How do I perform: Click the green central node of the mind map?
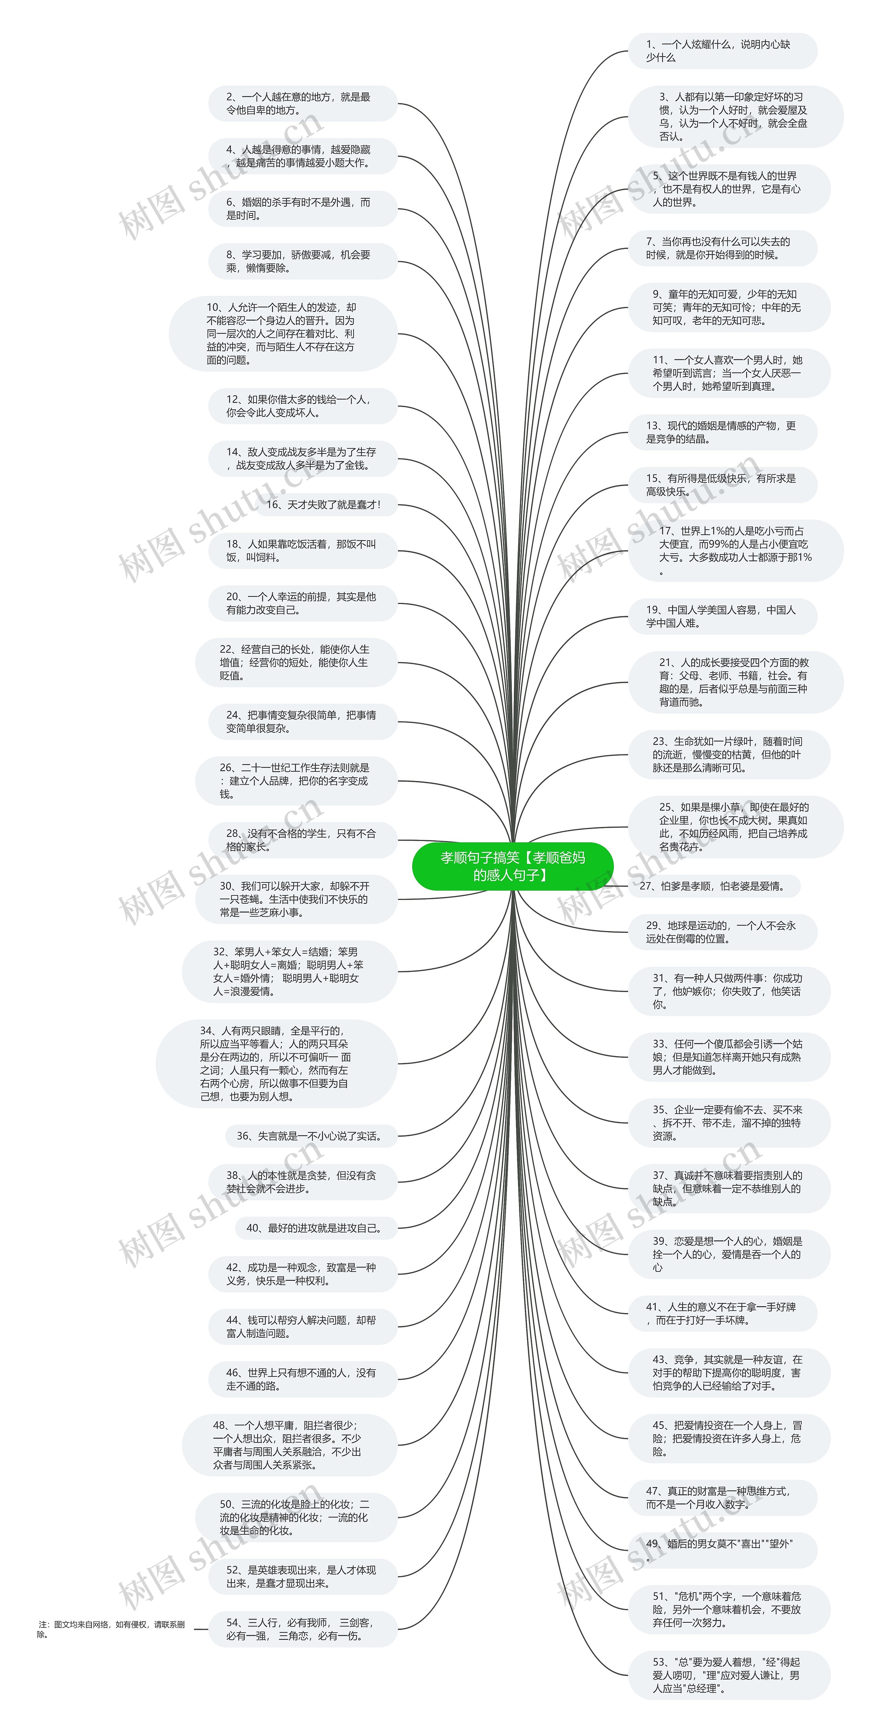pyautogui.click(x=512, y=866)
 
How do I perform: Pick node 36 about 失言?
pyautogui.click(x=310, y=1136)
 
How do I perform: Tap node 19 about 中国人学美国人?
pyautogui.click(x=722, y=616)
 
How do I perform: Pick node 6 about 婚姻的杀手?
pyautogui.click(x=301, y=209)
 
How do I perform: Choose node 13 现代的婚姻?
pyautogui.click(x=722, y=432)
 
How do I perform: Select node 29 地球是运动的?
pyautogui.click(x=722, y=932)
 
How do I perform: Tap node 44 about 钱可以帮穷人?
pyautogui.click(x=301, y=1327)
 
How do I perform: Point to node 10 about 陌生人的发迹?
pyautogui.click(x=283, y=334)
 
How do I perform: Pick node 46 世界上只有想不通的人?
pyautogui.click(x=301, y=1379)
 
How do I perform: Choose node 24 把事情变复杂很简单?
pyautogui.click(x=301, y=721)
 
